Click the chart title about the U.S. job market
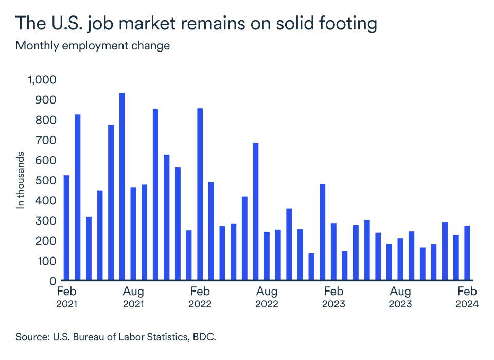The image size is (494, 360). point(196,24)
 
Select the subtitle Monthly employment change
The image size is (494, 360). point(93,46)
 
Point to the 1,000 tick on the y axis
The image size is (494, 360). point(42,80)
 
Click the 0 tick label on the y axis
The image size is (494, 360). point(52,281)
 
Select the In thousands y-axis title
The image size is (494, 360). point(21,180)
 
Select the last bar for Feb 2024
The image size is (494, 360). point(467,253)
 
